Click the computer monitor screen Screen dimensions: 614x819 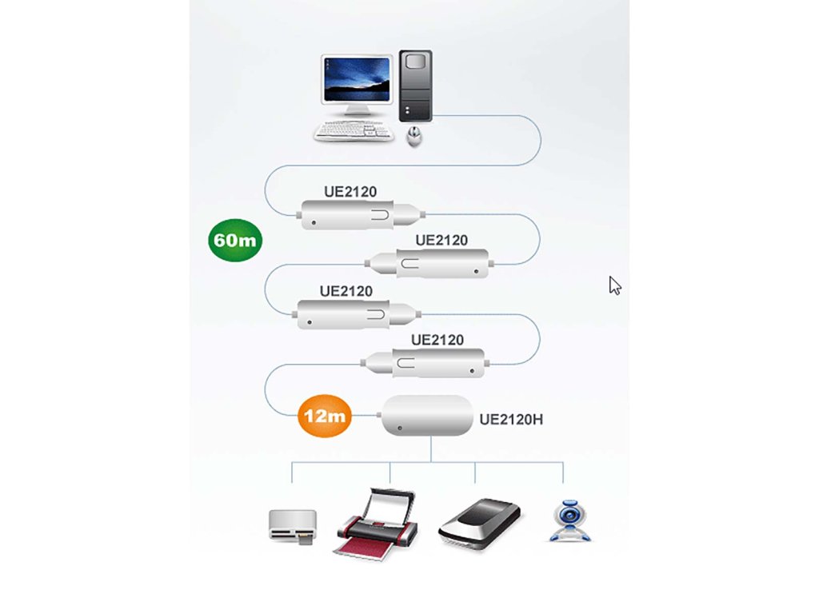[358, 79]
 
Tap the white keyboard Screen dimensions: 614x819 [354, 132]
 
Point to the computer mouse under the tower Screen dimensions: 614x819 [415, 137]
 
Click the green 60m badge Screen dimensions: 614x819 [235, 239]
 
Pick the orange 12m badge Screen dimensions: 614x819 [325, 416]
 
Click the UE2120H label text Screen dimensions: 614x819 [511, 418]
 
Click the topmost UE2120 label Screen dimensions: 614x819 [350, 192]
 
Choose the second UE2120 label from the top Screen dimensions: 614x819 [441, 241]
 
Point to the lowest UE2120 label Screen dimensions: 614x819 [437, 341]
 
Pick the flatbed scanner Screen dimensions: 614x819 [480, 524]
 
